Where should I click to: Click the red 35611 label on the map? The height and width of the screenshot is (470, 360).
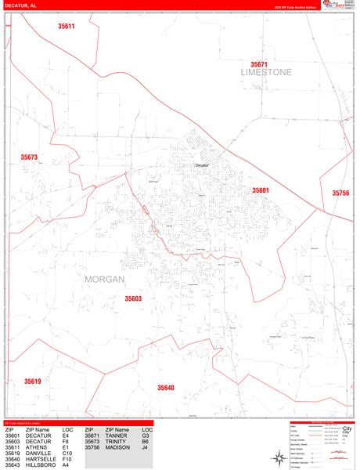[x=67, y=27]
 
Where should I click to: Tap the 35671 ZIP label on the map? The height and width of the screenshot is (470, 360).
[x=259, y=64]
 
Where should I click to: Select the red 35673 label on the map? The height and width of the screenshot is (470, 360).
[x=29, y=157]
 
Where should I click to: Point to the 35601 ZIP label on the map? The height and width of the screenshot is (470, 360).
[x=261, y=190]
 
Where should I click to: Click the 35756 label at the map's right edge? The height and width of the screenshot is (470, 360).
[x=340, y=193]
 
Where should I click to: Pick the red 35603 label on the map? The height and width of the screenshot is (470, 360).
[x=133, y=298]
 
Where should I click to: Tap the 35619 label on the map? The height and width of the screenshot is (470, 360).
[x=32, y=381]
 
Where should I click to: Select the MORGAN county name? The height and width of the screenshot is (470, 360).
[x=103, y=278]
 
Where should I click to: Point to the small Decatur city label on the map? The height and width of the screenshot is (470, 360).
[x=203, y=165]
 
